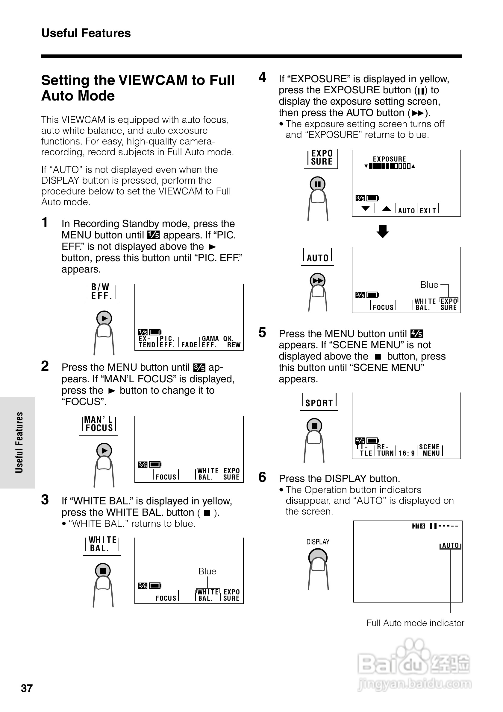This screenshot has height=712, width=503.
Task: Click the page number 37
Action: click(27, 688)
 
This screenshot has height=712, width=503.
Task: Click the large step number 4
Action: click(262, 77)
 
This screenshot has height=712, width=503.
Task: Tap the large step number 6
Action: click(262, 477)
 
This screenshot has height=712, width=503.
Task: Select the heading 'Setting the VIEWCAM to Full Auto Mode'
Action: click(137, 88)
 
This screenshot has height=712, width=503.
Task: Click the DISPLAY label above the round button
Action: click(318, 542)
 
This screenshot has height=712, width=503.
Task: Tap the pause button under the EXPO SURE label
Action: click(317, 184)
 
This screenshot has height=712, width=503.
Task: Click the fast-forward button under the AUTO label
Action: click(318, 281)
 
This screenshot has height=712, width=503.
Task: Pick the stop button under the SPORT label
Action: click(314, 426)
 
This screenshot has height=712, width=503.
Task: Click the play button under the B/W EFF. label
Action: click(104, 318)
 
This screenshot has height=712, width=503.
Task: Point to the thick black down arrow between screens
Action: click(383, 231)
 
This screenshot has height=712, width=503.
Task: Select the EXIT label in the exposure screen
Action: click(428, 211)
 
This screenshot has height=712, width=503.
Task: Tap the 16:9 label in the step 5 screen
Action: click(407, 453)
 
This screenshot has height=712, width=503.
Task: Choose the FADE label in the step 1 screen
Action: click(189, 345)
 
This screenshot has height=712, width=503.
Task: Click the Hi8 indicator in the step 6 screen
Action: click(418, 526)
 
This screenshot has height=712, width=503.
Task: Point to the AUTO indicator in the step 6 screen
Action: click(450, 545)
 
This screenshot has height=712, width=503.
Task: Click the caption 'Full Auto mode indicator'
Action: click(415, 623)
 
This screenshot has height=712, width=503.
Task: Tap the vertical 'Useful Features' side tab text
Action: click(19, 442)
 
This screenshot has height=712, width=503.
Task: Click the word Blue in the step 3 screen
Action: click(207, 571)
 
